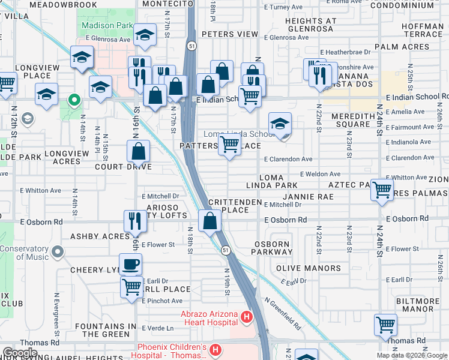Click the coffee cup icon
click(130, 264)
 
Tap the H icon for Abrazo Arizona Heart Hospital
click(245, 316)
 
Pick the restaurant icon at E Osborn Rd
click(134, 221)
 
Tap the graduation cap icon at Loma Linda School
click(280, 124)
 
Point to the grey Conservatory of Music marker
click(57, 251)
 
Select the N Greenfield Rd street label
click(282, 314)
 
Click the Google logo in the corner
click(20, 353)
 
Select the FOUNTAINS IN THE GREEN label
click(107, 330)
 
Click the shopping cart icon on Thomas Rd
click(385, 325)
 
